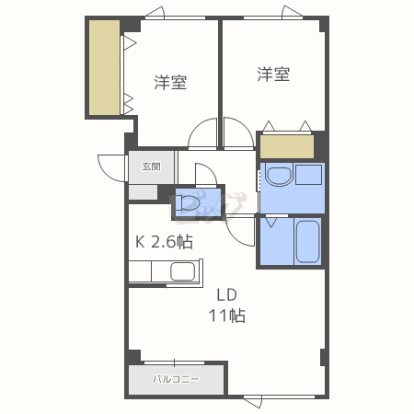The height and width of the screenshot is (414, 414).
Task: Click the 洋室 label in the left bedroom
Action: coord(170,83)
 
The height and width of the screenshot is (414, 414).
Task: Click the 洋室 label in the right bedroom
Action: coord(273,75)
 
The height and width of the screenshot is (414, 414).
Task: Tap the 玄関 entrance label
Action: coord(151,167)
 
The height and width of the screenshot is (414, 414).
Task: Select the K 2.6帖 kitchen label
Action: coord(165,242)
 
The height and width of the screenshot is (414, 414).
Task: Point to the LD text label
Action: coord(227,295)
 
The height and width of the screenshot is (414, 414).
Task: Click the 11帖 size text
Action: coord(227,316)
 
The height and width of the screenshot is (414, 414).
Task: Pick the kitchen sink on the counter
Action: coord(182,271)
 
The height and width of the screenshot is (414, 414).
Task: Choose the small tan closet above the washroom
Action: coord(286,145)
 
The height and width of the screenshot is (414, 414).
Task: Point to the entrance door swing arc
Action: coord(110,167)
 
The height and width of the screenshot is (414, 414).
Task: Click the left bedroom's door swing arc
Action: coord(201,135)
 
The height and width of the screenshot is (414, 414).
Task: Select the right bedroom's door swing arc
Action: coord(236,134)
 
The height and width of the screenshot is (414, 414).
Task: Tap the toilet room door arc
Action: coord(205,176)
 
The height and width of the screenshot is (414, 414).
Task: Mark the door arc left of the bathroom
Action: coord(243,232)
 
